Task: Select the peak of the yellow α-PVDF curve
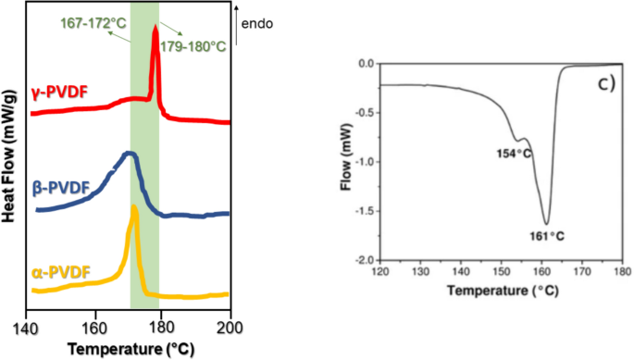135,207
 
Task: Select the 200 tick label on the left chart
229,327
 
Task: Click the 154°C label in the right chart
514,153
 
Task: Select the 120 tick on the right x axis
379,274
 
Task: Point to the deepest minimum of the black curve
546,223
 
